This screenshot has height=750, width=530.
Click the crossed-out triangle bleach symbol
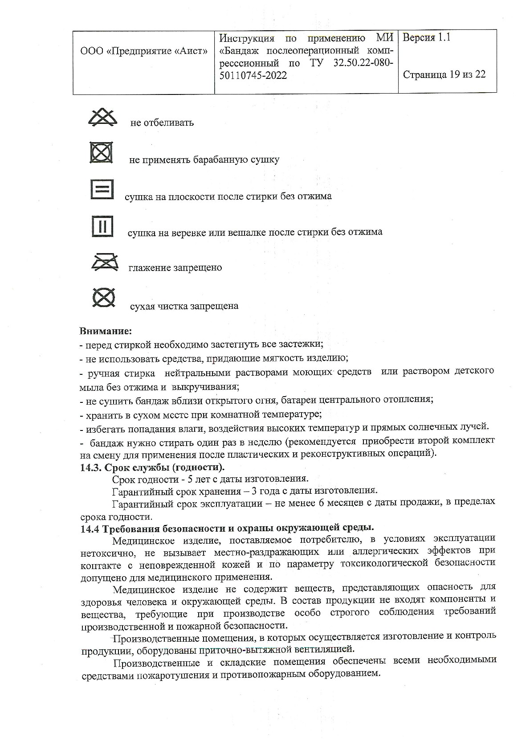point(102,117)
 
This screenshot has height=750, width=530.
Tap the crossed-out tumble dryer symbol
point(102,153)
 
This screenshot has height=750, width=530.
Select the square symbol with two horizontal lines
point(102,189)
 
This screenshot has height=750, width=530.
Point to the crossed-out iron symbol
point(105,262)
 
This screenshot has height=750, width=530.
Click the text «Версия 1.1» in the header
point(427,38)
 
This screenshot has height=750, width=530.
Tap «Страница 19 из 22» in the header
point(444,74)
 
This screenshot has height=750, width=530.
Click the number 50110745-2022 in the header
point(253,76)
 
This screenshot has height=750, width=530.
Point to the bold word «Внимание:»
point(106,332)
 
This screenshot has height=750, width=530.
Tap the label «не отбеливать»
point(162,123)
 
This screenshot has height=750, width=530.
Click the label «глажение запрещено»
point(175,268)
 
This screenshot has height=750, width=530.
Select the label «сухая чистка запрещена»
point(184,307)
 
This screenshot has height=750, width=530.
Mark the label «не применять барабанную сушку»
point(204,160)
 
